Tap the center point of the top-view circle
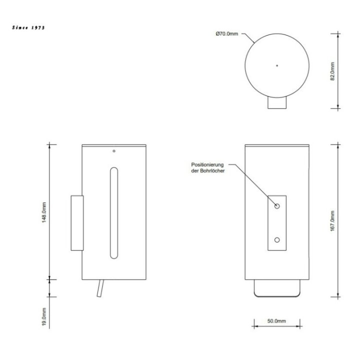click(277, 65)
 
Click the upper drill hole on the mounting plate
click(277, 206)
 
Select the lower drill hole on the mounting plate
click(277, 240)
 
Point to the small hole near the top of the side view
click(114, 150)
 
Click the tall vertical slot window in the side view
click(114, 213)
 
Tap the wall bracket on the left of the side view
click(77, 222)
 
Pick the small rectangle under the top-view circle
click(277, 102)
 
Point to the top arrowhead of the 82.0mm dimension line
click(338, 34)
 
